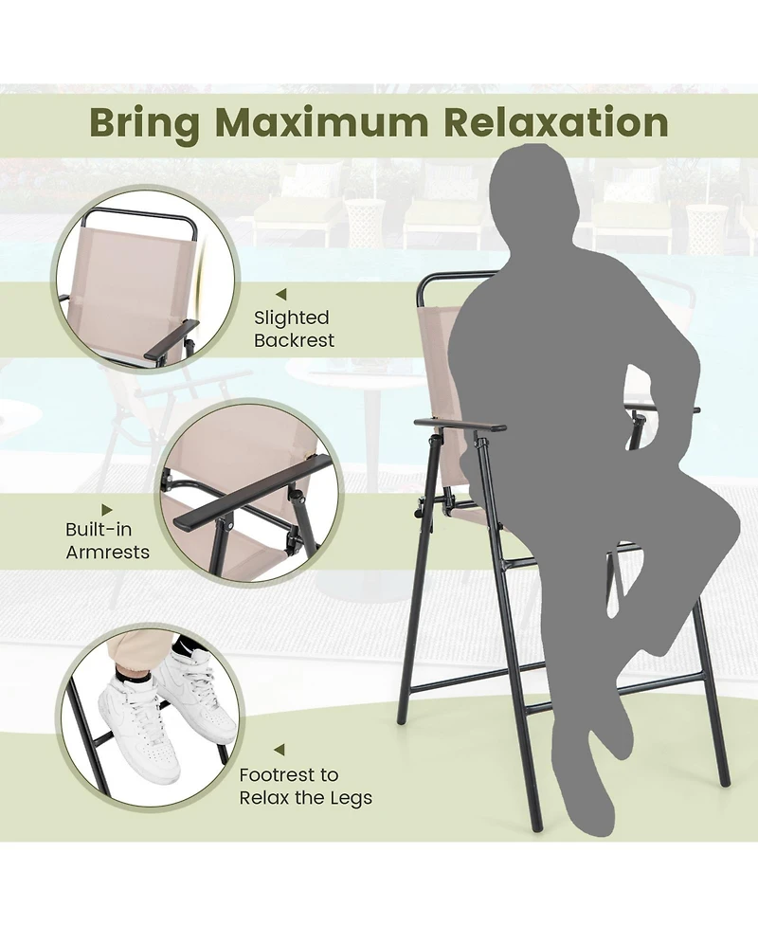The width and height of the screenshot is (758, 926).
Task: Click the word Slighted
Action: (292, 318)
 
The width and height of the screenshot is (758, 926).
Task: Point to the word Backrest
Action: (294, 340)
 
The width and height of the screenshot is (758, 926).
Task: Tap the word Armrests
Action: (108, 552)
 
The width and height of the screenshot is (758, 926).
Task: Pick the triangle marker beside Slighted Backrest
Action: (280, 295)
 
